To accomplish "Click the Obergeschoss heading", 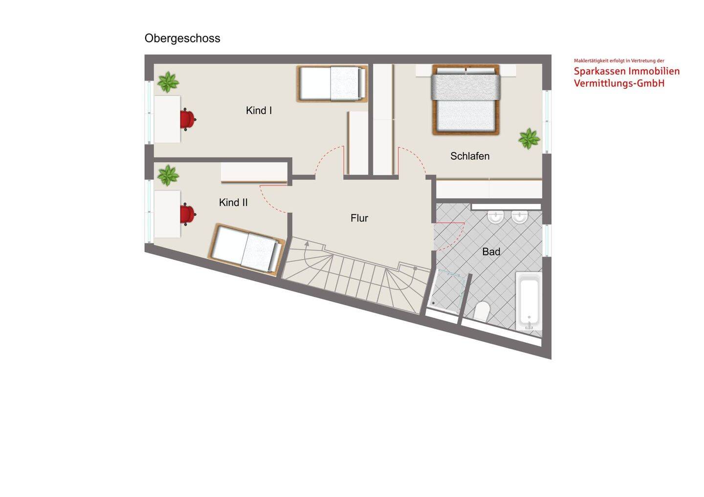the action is coord(182,39).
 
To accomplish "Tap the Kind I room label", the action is coord(259,110).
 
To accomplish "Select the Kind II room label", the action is coord(233,203).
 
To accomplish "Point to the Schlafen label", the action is coord(470,156).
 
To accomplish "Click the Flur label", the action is coord(359,218).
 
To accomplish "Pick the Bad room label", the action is coord(491,251).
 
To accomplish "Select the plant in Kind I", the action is coord(168,82).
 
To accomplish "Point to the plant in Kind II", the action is coord(168,175).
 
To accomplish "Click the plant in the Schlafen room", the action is coord(529,138).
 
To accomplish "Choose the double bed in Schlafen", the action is coord(466,100).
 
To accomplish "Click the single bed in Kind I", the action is coord(332,83).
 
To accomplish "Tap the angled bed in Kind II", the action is coord(246,249).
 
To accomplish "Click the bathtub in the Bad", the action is coord(528,301).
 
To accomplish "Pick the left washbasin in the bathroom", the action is coord(496,217).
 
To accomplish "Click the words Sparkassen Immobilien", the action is coord(627,72).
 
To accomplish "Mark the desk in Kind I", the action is coord(167,119).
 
